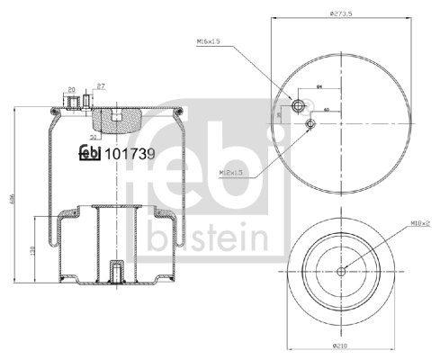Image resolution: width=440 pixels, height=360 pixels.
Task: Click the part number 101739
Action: point(130,153)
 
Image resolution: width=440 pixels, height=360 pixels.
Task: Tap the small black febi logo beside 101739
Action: point(90,153)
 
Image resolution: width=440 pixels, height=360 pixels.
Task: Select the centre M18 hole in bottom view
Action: point(342,271)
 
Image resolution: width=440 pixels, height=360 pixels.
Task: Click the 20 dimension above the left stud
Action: point(72,88)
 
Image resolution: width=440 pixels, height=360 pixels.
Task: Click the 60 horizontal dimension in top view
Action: point(326,109)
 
